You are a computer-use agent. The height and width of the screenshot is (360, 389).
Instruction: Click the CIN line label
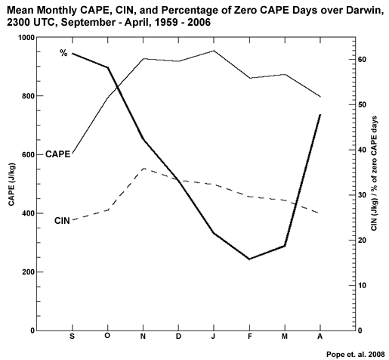(x=63, y=220)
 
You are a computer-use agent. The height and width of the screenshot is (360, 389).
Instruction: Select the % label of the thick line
(x=64, y=52)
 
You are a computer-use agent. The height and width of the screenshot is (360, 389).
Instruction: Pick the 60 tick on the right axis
(x=361, y=60)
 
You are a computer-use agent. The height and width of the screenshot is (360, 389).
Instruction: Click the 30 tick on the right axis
(x=361, y=195)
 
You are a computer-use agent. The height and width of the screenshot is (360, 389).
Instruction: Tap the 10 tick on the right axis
(x=361, y=286)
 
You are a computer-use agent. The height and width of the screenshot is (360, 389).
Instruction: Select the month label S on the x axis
(x=72, y=335)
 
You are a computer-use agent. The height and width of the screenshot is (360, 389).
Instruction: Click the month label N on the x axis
(x=143, y=335)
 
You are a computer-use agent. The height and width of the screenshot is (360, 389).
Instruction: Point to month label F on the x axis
(x=249, y=335)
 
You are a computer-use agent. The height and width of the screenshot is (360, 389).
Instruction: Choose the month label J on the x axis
(x=214, y=335)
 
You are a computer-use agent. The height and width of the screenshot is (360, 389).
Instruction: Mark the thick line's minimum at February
(x=249, y=259)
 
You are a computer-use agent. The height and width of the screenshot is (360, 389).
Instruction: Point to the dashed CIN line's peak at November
(x=144, y=169)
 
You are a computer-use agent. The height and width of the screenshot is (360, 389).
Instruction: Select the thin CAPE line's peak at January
(x=214, y=51)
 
